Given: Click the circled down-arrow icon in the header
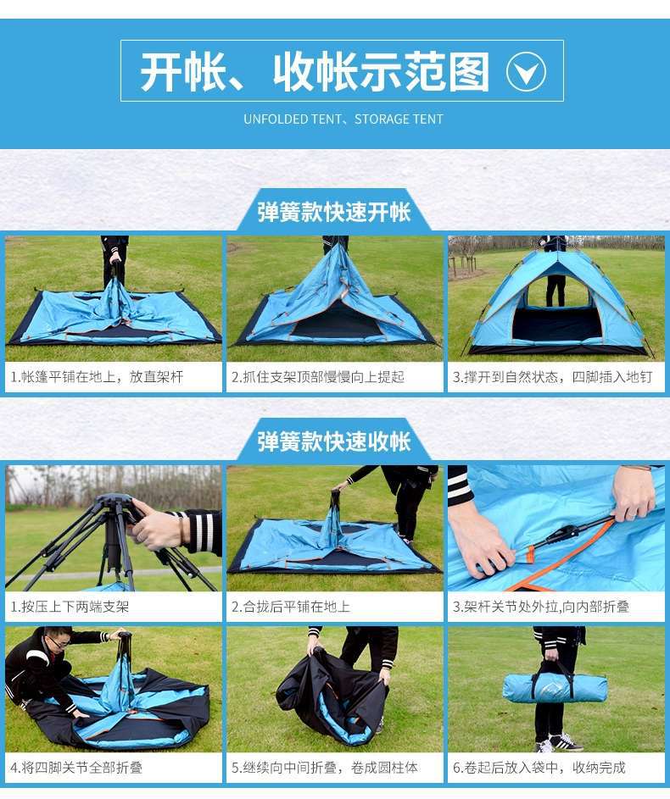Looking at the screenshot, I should (526, 72).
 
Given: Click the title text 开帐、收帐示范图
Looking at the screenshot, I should (315, 72).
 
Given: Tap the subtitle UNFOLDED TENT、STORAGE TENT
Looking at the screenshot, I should (343, 119).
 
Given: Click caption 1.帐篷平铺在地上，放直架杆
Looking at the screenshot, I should (97, 377).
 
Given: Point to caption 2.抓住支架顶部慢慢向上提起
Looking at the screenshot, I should (318, 377).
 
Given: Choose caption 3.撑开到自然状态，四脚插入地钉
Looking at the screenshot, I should (547, 377).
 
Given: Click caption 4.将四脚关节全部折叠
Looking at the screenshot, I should (77, 768).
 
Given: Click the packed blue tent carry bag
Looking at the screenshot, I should (555, 687).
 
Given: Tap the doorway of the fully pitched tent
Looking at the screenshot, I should (556, 322).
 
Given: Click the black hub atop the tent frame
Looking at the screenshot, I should (114, 508).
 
